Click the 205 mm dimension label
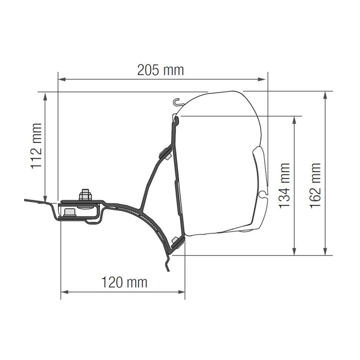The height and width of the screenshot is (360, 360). click(160, 70)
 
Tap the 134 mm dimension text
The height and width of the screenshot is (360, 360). click(284, 186)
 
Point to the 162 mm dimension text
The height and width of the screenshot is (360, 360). click(315, 186)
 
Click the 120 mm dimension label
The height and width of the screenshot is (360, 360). click(123, 282)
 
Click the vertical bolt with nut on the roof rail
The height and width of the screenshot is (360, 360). click(85, 196)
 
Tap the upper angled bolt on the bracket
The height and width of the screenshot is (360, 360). click(166, 153)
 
